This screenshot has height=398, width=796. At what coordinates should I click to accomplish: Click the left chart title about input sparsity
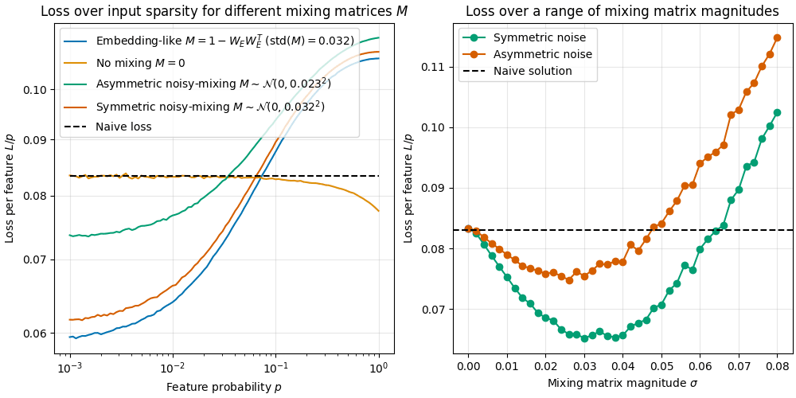click(217, 11)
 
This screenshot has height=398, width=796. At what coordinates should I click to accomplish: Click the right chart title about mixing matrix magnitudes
click(622, 11)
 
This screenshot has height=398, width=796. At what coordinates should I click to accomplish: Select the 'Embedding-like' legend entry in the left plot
click(224, 41)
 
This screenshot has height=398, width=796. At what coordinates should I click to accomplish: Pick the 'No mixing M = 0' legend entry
click(150, 62)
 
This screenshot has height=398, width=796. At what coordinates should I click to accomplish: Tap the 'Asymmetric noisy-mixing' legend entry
click(213, 84)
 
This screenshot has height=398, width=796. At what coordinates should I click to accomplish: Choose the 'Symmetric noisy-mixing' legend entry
click(210, 106)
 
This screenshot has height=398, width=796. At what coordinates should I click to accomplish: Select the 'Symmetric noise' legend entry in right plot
click(528, 37)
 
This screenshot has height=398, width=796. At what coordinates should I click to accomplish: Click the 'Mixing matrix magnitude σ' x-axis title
click(622, 384)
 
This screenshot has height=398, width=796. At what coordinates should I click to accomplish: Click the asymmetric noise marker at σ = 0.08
click(777, 37)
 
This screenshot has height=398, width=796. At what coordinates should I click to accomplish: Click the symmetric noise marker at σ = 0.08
click(777, 113)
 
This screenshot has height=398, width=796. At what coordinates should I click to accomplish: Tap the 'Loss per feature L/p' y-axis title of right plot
click(409, 188)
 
